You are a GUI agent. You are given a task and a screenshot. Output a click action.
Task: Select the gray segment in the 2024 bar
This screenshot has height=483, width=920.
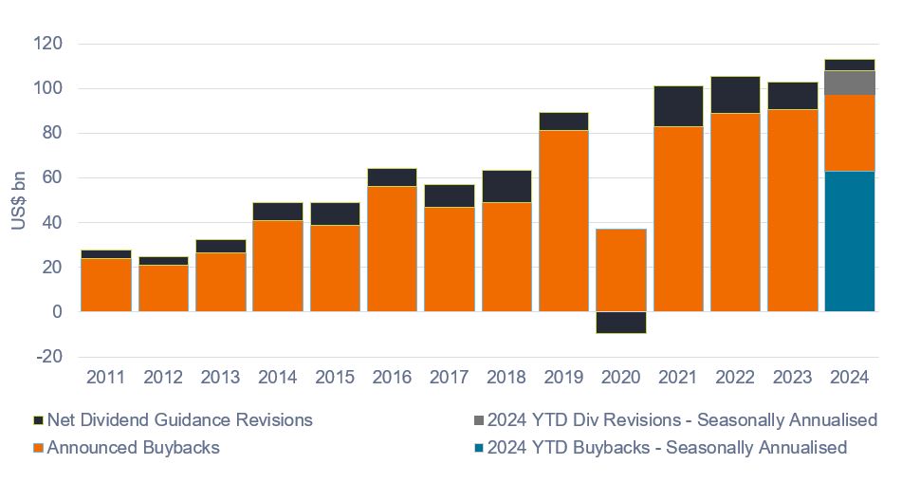(849, 83)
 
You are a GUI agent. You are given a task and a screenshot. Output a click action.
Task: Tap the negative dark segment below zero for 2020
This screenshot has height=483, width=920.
(620, 322)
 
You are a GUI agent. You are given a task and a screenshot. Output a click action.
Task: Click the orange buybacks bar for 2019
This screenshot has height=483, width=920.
(563, 220)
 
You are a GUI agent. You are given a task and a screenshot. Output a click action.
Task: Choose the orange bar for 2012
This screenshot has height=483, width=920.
(163, 288)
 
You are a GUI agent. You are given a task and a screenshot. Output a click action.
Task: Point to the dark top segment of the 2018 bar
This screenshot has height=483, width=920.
(506, 186)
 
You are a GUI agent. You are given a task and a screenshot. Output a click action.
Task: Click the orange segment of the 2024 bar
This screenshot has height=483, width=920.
(849, 133)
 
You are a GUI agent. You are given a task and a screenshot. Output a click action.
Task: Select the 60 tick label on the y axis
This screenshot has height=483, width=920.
(50, 177)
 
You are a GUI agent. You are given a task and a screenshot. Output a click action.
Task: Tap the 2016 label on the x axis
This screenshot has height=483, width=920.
(392, 378)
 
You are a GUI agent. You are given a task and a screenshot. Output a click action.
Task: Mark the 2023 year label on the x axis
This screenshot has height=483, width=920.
(792, 378)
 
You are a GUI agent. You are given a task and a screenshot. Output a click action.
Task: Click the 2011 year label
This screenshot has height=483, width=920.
(105, 378)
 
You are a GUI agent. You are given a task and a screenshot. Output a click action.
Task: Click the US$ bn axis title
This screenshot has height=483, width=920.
(20, 198)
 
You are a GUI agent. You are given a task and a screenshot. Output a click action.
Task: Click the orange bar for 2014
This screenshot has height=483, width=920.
(278, 266)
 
